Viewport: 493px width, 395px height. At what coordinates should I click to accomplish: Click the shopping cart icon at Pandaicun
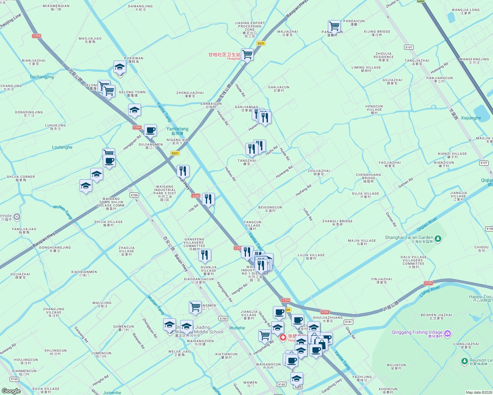334,26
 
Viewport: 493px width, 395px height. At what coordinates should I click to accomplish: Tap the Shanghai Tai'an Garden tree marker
438,238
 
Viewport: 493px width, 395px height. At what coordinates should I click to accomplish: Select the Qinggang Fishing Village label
417,332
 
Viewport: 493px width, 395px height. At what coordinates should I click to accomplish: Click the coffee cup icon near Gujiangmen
150,130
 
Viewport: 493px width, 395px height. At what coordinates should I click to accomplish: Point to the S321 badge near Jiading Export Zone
261,43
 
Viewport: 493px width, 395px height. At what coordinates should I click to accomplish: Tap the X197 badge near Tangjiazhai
409,47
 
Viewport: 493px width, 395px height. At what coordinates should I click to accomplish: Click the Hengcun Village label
374,108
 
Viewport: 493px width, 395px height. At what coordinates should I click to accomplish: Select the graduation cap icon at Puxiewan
120,67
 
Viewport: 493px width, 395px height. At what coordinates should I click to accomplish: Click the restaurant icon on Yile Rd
208,199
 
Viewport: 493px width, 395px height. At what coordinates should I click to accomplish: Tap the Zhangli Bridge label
337,223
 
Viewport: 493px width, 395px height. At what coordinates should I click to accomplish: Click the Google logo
11,391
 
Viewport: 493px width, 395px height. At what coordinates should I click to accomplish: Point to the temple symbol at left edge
17,217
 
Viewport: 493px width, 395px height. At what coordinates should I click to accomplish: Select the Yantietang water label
177,131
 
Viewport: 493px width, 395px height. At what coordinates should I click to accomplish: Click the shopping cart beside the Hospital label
247,54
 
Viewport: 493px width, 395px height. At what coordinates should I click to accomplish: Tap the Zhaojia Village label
127,251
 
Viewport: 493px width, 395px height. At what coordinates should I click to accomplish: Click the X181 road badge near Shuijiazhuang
348,322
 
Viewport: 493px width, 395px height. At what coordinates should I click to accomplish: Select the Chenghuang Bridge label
368,178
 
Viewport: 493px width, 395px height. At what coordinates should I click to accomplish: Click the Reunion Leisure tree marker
464,361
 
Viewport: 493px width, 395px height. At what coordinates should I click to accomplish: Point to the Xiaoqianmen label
84,273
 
